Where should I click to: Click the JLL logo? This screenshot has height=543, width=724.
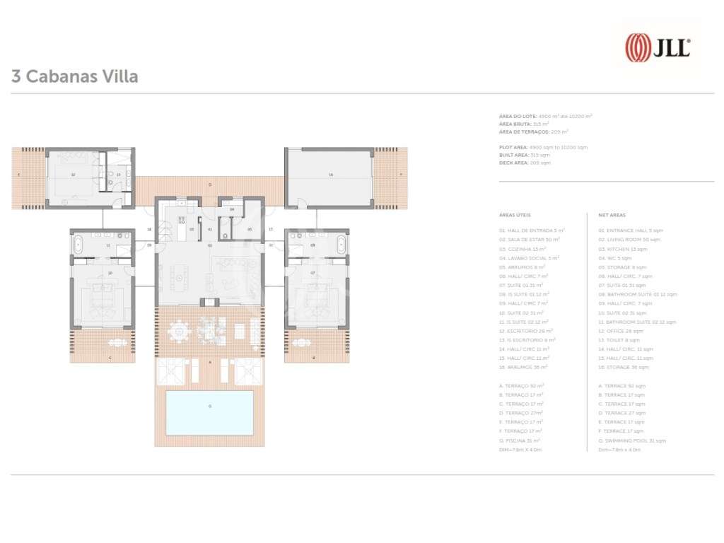658,48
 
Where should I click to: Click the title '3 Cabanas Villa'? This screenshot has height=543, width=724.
74,76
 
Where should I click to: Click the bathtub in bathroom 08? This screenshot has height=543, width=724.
341,246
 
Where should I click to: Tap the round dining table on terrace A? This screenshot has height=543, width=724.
181,330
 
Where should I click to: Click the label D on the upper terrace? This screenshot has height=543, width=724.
210,185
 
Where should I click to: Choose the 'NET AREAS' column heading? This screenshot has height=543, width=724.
612,215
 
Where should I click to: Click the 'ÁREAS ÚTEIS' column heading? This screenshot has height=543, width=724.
515,215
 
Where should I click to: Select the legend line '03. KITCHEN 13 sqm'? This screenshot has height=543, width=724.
623,249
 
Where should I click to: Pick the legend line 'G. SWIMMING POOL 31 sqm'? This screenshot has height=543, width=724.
631,440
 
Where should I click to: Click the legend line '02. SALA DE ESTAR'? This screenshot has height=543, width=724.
530,240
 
